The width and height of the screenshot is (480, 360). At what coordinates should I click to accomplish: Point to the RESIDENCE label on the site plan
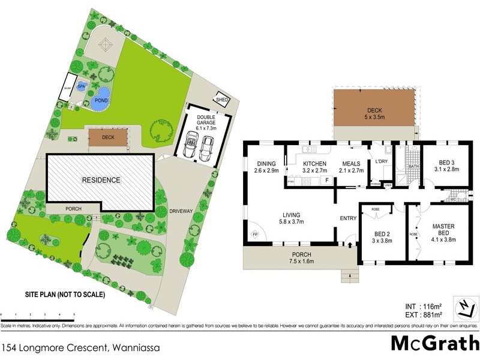tap(101, 180)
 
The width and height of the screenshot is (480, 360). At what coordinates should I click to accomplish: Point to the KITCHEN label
tap(314, 167)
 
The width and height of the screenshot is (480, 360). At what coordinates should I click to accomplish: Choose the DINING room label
tap(265, 167)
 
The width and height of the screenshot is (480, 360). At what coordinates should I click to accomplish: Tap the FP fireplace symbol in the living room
tap(254, 234)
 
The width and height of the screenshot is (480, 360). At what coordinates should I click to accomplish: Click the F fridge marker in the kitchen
tap(326, 180)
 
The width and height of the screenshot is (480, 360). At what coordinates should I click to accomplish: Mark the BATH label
tap(413, 166)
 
